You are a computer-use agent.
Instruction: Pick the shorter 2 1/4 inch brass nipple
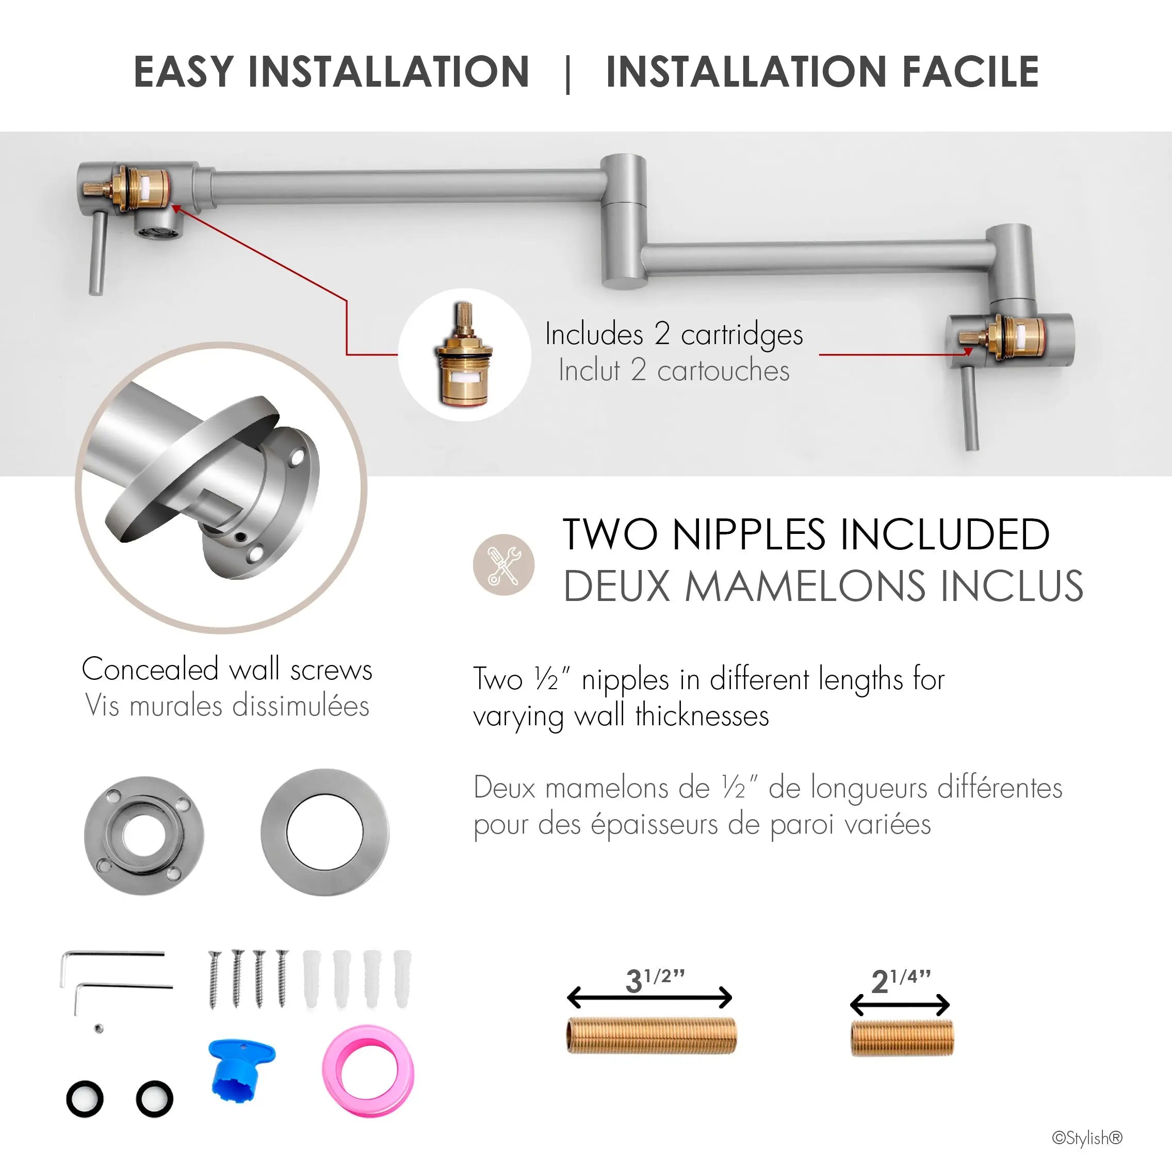click(902, 1038)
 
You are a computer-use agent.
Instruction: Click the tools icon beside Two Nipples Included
click(503, 565)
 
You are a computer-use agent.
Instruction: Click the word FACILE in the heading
click(971, 72)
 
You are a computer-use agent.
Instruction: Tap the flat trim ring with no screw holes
click(325, 832)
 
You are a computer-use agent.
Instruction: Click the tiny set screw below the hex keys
click(99, 1028)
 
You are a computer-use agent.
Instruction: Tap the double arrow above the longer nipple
click(649, 997)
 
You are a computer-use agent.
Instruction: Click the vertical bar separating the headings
click(568, 73)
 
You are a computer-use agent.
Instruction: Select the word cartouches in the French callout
click(723, 370)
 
